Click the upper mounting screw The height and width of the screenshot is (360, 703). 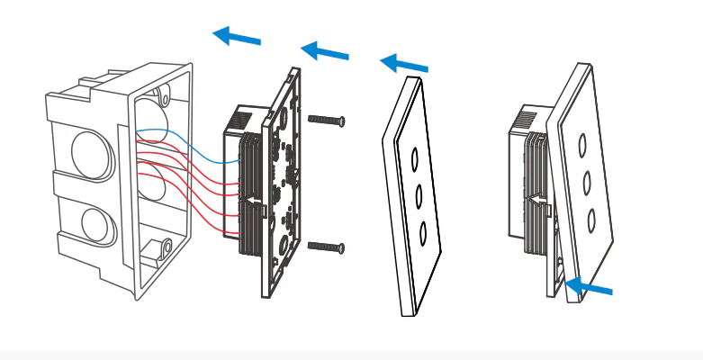click(x=326, y=120)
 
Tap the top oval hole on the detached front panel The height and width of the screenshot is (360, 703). click(x=415, y=159)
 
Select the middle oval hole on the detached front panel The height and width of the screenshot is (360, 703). click(x=419, y=194)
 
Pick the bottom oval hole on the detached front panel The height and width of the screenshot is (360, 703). click(x=422, y=231)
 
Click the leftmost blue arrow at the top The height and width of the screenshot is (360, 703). click(x=237, y=37)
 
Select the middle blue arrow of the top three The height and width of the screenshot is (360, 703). click(x=324, y=51)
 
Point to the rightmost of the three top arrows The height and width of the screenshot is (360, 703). click(x=404, y=64)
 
